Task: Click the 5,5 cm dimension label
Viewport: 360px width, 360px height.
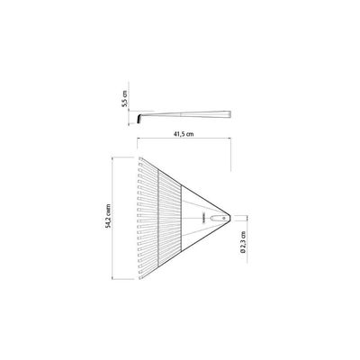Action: click(125, 98)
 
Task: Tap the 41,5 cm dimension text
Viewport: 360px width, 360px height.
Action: click(184, 134)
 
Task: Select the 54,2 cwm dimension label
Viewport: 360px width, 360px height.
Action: click(108, 216)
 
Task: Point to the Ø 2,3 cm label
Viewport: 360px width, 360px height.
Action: click(244, 242)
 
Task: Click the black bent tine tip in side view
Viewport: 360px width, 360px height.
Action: click(139, 120)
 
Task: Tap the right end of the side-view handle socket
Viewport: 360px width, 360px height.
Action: click(230, 114)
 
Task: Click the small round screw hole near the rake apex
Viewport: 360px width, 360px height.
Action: click(223, 218)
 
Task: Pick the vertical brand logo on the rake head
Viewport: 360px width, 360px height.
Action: click(202, 218)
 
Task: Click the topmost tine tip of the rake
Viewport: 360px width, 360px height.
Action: click(140, 158)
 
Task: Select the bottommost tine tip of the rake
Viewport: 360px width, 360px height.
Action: click(140, 277)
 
